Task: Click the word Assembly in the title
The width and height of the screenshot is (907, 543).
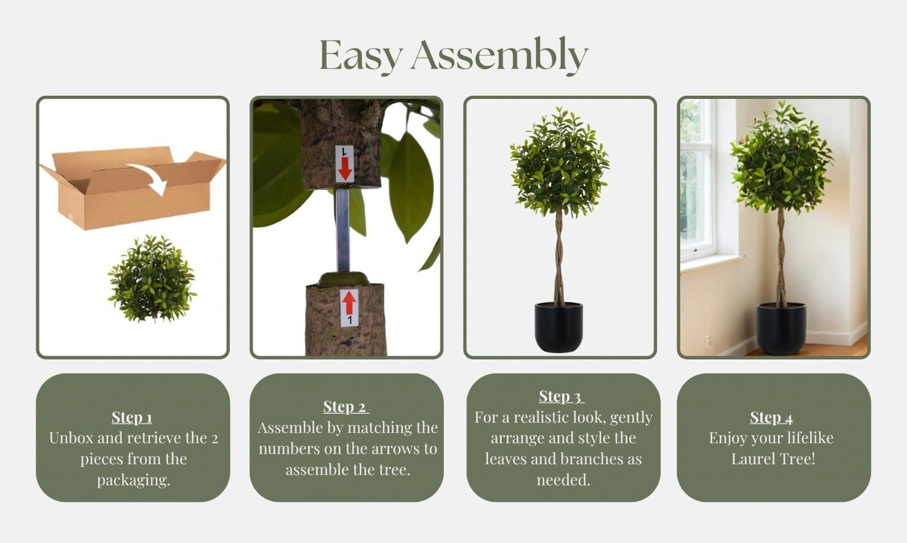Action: click(x=499, y=56)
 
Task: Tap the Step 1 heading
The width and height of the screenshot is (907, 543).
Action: click(x=132, y=418)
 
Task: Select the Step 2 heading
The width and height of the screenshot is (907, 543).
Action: click(x=346, y=406)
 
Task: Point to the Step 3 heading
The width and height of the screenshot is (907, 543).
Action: click(x=561, y=396)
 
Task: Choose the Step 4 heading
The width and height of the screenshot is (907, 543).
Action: click(x=771, y=418)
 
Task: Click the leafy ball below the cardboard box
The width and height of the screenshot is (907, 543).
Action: click(x=152, y=279)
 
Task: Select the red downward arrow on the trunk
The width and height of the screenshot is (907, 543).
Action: click(x=345, y=168)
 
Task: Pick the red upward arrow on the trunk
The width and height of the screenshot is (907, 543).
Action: click(x=349, y=303)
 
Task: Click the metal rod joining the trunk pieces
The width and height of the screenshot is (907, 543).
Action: click(x=342, y=230)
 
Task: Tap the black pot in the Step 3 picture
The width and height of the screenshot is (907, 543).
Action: click(x=559, y=327)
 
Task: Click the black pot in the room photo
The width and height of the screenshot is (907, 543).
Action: click(x=781, y=329)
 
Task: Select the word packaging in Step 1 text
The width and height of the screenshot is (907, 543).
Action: click(x=133, y=480)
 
